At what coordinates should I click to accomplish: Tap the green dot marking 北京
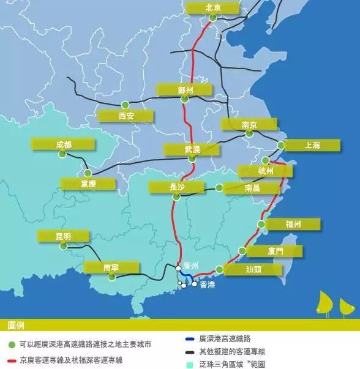click(x=212, y=18)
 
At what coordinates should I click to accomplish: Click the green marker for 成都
click(x=62, y=154)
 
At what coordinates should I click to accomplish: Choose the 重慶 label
click(x=88, y=184)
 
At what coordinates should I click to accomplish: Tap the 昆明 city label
click(x=62, y=236)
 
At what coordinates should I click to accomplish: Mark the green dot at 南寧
click(x=111, y=277)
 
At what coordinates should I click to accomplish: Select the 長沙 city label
click(x=176, y=187)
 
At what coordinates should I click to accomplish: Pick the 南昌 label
click(x=251, y=188)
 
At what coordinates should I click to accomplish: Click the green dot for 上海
click(x=280, y=146)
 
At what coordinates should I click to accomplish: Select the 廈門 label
click(x=274, y=251)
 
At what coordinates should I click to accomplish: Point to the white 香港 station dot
click(x=195, y=284)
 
